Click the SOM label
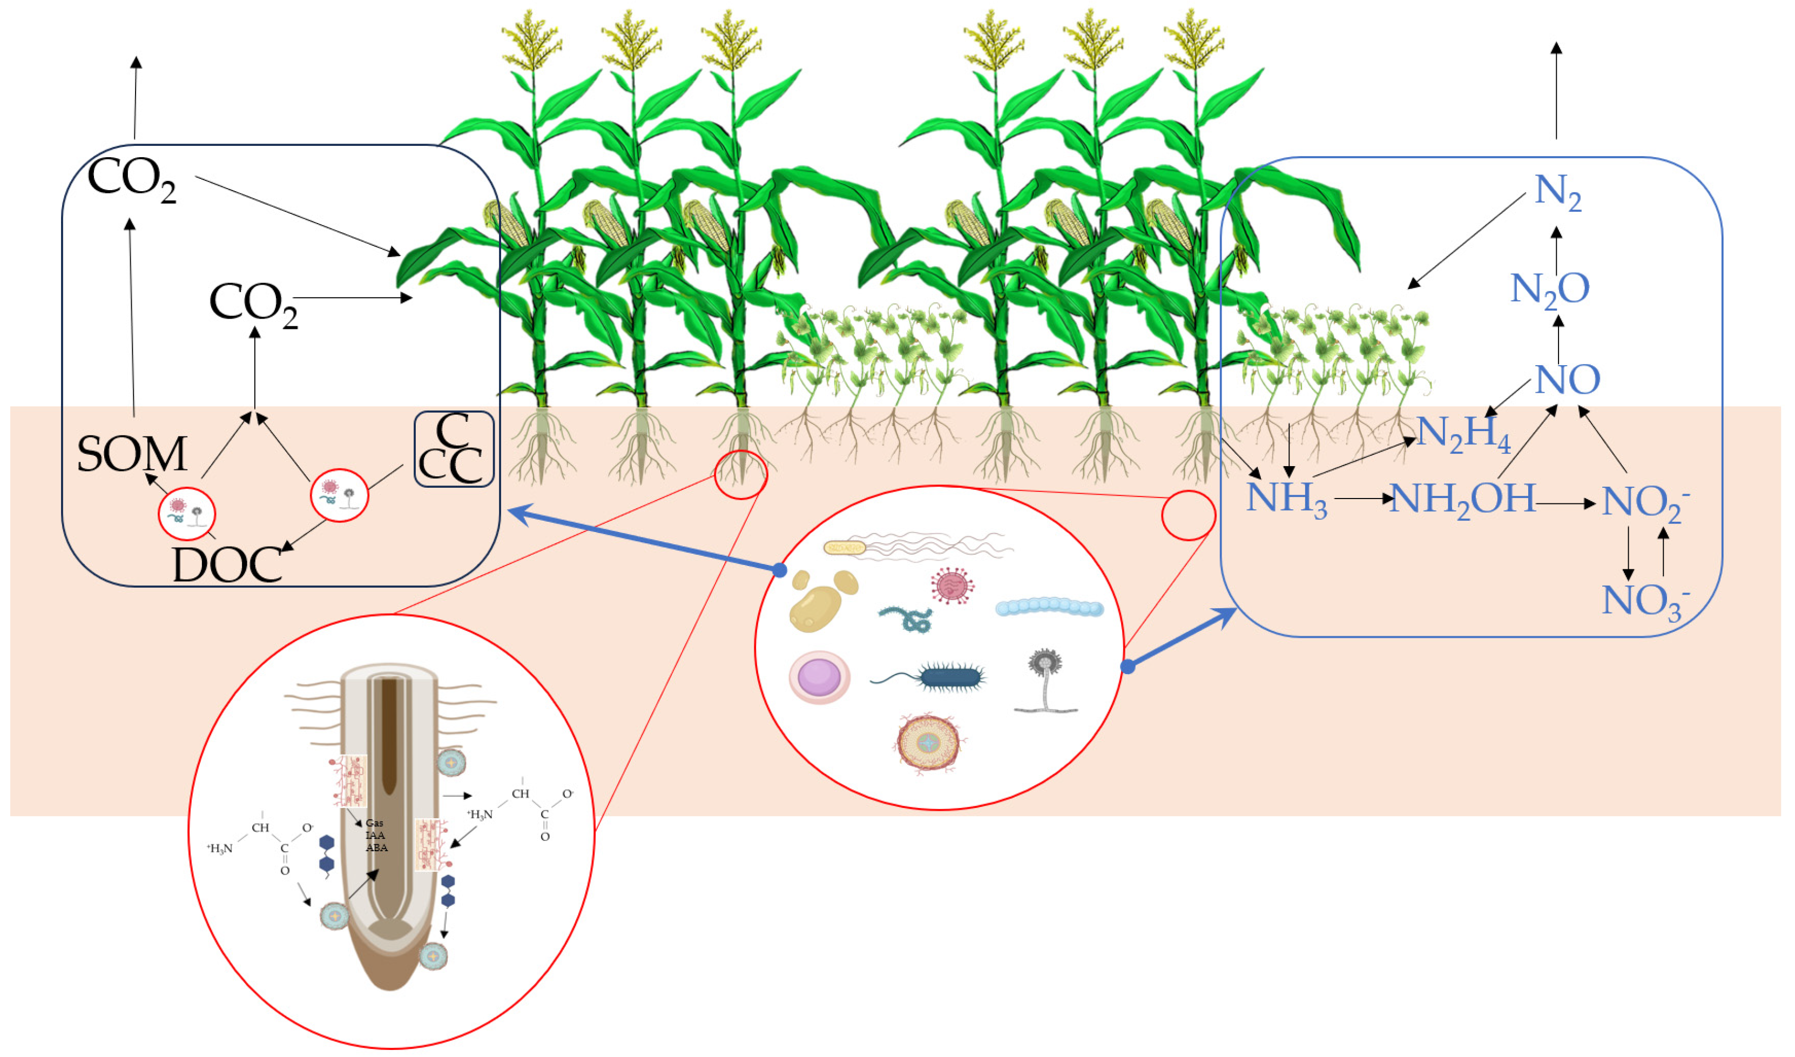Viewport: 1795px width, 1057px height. [132, 454]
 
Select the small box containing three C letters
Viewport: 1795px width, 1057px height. [454, 449]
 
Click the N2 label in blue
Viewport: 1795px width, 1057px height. [1558, 192]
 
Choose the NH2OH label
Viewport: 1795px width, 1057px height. [1462, 499]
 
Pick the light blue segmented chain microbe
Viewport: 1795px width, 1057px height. [1049, 607]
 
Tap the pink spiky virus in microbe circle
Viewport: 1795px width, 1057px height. [953, 585]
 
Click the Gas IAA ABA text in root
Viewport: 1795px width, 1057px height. [375, 835]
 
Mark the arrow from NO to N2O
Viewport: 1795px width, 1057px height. [1558, 340]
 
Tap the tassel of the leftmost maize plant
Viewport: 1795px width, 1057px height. [531, 39]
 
